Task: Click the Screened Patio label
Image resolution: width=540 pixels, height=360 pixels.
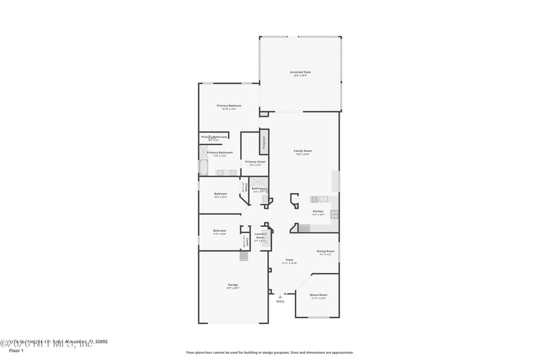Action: tap(300, 74)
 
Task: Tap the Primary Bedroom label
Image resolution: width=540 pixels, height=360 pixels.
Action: tap(229, 107)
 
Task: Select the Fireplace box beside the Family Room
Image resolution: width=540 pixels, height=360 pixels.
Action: tap(264, 142)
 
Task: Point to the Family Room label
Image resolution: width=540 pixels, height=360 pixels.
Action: tap(302, 152)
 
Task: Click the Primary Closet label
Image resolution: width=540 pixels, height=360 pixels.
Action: tap(255, 163)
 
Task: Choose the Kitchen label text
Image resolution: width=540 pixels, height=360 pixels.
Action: tap(318, 212)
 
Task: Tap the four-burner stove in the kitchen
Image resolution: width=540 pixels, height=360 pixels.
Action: tap(334, 214)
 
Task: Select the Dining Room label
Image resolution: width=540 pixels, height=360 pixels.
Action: tap(325, 252)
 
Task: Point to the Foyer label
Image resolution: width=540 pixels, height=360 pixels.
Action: tap(290, 261)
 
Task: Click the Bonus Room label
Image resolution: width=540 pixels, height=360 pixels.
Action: tap(319, 296)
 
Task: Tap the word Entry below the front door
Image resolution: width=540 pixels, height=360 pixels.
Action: tap(280, 301)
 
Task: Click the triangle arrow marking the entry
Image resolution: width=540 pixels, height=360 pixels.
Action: tap(280, 296)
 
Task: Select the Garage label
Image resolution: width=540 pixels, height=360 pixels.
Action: tap(233, 286)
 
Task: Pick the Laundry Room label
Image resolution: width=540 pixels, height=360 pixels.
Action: tap(261, 236)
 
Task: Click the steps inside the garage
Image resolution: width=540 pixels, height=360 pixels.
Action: tap(244, 256)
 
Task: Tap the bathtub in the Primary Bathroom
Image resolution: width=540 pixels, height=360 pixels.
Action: tap(203, 167)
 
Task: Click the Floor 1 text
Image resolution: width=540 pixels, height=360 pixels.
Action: tap(16, 351)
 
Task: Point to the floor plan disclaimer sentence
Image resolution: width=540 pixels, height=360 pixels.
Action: tap(269, 352)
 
